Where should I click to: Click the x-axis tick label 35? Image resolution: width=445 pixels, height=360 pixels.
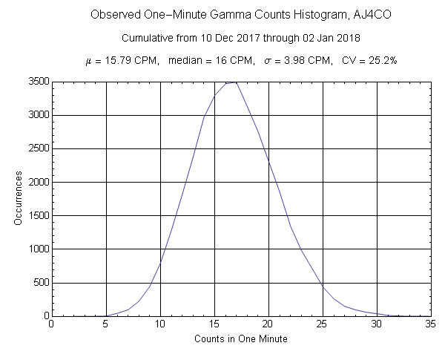pos(432,324)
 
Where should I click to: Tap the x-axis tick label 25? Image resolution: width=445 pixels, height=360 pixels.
pos(323,324)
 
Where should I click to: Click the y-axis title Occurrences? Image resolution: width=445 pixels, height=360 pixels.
pos(16,198)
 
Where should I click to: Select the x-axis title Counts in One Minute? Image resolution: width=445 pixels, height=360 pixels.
pos(241,338)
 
